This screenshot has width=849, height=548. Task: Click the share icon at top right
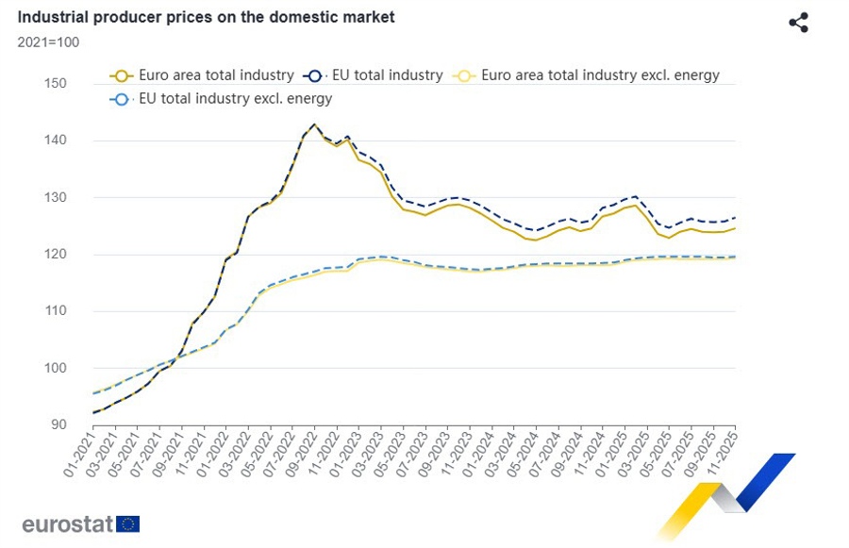pyautogui.click(x=798, y=23)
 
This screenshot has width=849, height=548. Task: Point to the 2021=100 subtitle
pyautogui.click(x=48, y=42)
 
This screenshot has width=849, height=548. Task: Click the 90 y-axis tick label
pyautogui.click(x=58, y=424)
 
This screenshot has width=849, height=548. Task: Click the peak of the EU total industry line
pyautogui.click(x=314, y=125)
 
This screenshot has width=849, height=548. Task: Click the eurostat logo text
pyautogui.click(x=68, y=524)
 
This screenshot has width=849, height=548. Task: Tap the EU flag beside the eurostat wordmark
pyautogui.click(x=128, y=524)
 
